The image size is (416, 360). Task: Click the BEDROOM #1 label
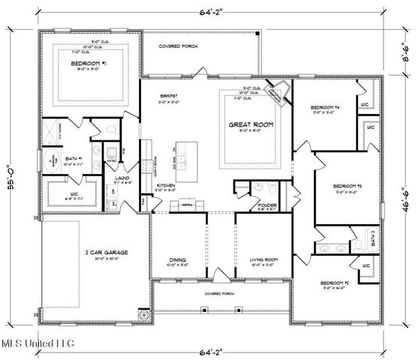[88, 64]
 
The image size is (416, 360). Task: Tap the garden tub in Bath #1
[55, 159]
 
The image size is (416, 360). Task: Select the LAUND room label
[123, 178]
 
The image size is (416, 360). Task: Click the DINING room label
[178, 260]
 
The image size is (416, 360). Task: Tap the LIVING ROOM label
[264, 259]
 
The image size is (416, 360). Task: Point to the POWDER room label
[267, 204]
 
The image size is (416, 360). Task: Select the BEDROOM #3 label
[350, 185]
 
